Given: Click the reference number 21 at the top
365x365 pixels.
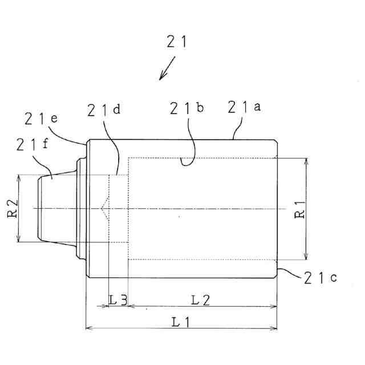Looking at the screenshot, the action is point(177,42).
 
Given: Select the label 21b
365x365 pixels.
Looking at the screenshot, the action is point(186,108).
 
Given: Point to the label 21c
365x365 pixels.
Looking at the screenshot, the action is point(320,278).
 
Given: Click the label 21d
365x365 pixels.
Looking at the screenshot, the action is point(104,111).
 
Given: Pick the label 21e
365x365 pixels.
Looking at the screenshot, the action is point(42,119).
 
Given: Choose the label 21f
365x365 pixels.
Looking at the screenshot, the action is point(33,145).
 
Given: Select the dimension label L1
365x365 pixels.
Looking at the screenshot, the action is point(181,322).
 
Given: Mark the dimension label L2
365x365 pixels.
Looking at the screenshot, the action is point(201,299).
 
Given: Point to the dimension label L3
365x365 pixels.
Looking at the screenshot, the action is point(118,299).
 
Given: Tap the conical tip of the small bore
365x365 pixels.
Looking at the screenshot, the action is point(103,208).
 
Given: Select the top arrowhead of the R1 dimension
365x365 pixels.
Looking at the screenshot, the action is point(307,161).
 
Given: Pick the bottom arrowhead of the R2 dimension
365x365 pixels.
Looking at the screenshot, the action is point(19,240).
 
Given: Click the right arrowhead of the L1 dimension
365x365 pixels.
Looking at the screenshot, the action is point(275,328).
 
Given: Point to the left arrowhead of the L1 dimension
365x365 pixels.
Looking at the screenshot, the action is point(87,328).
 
